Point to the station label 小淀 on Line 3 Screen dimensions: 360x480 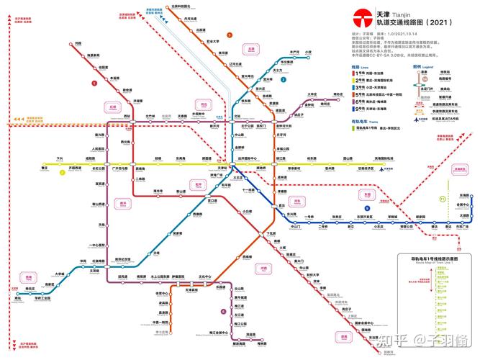coord(308,53)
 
